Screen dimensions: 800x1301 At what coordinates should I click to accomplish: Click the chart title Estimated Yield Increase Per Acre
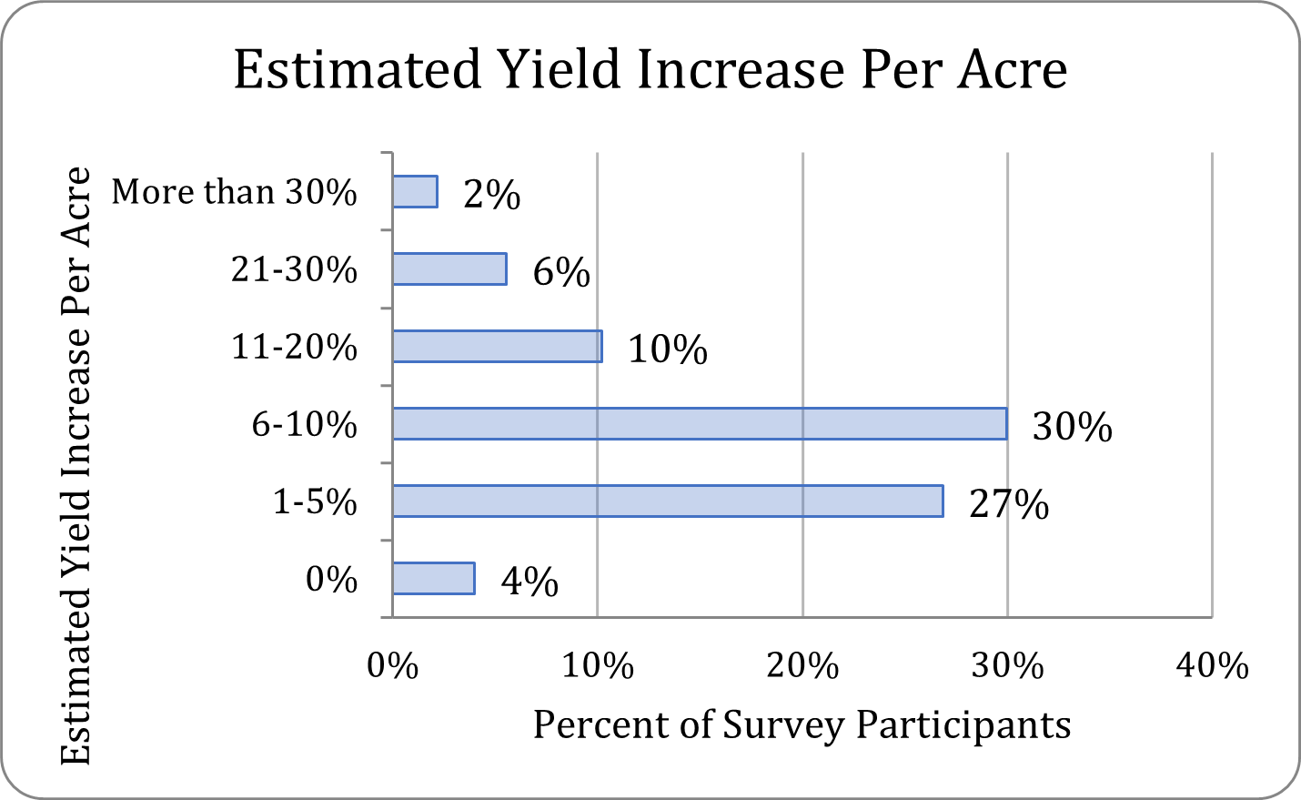(x=650, y=70)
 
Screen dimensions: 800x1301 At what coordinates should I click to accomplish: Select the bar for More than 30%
(x=415, y=192)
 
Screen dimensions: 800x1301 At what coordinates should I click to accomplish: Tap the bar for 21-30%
(x=449, y=269)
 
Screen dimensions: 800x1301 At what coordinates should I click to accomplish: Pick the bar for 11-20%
(x=497, y=347)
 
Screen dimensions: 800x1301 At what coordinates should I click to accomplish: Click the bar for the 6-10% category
(x=699, y=424)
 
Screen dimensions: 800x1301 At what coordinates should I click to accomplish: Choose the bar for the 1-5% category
(x=667, y=501)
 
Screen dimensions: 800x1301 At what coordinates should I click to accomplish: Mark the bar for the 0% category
(x=433, y=579)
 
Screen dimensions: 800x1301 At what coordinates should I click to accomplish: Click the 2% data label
(x=491, y=195)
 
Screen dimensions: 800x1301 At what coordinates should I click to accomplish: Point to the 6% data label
(x=561, y=272)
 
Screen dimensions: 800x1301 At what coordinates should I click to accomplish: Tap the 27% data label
(x=1009, y=504)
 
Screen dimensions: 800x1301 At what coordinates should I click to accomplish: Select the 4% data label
(x=529, y=582)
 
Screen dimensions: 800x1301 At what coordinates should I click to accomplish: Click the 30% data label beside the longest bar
(x=1072, y=427)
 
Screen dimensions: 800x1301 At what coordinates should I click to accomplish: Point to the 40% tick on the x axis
(x=1212, y=666)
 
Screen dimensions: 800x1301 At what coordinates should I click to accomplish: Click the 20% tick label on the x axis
(x=802, y=666)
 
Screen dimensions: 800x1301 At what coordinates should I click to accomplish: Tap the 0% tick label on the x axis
(x=392, y=666)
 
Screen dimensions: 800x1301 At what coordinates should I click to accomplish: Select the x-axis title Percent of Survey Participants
(x=802, y=725)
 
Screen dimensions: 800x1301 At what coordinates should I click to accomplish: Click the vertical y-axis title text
(x=76, y=466)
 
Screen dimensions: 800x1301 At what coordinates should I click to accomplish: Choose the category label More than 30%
(x=234, y=192)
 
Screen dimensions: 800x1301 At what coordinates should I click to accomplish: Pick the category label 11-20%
(x=294, y=347)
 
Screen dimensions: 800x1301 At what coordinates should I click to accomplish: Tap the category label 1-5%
(x=315, y=501)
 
